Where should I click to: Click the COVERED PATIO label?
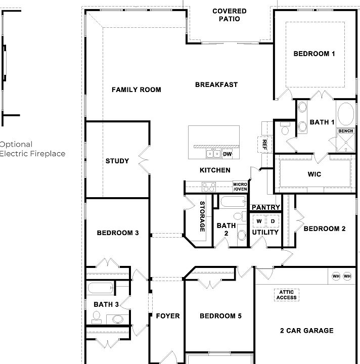click(x=229, y=15)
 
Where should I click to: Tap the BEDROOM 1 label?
click(x=314, y=54)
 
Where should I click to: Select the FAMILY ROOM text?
click(x=136, y=90)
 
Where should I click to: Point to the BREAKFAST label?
click(x=216, y=85)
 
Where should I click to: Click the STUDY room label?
click(x=117, y=161)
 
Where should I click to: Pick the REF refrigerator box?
click(x=264, y=145)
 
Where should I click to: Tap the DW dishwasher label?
click(x=228, y=154)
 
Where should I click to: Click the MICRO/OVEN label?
click(x=240, y=187)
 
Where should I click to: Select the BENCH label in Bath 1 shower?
click(x=346, y=131)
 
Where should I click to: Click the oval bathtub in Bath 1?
click(x=347, y=114)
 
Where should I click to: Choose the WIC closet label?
click(x=314, y=174)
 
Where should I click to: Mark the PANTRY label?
click(x=266, y=207)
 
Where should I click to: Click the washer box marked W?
click(x=258, y=221)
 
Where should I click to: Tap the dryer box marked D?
click(x=273, y=221)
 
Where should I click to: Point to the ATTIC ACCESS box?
click(x=287, y=295)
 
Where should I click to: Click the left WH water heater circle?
click(x=336, y=276)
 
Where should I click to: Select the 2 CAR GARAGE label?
click(x=307, y=331)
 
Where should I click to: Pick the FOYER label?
click(x=167, y=316)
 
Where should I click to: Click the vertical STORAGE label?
click(x=202, y=216)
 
